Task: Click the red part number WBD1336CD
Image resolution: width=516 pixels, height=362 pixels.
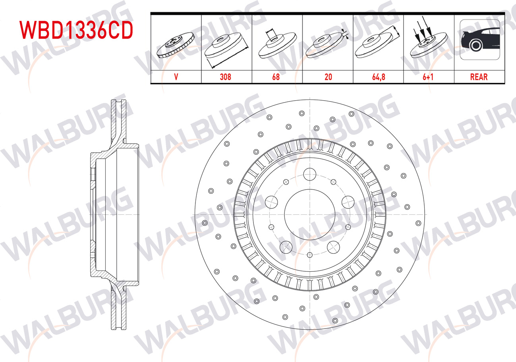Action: click(x=76, y=30)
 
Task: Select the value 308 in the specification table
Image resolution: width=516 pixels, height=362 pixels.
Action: click(x=225, y=77)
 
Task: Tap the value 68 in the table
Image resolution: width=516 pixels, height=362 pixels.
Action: click(x=276, y=77)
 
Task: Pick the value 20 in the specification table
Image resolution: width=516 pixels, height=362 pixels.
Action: click(x=328, y=77)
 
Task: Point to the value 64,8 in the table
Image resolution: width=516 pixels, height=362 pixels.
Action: click(x=379, y=77)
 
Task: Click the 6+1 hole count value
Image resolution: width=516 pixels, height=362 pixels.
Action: click(x=428, y=77)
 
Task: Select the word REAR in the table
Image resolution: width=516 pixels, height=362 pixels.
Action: click(x=479, y=77)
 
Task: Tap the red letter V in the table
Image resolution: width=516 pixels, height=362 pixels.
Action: click(x=176, y=77)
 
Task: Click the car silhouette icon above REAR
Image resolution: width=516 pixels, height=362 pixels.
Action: click(x=480, y=40)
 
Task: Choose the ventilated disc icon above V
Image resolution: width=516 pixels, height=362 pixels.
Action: click(x=176, y=45)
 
